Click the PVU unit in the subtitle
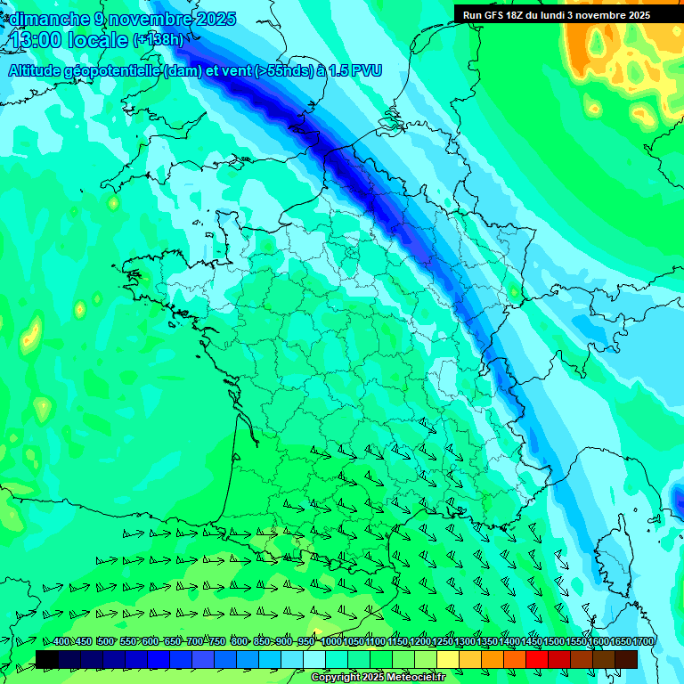pyautogui.click(x=365, y=71)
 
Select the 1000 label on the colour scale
pyautogui.click(x=331, y=642)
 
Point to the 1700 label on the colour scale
pyautogui.click(x=642, y=642)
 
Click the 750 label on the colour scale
pyautogui.click(x=216, y=642)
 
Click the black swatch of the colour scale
pyautogui.click(x=47, y=659)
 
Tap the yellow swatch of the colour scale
pyautogui.click(x=448, y=659)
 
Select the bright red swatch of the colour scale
pyautogui.click(x=537, y=659)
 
